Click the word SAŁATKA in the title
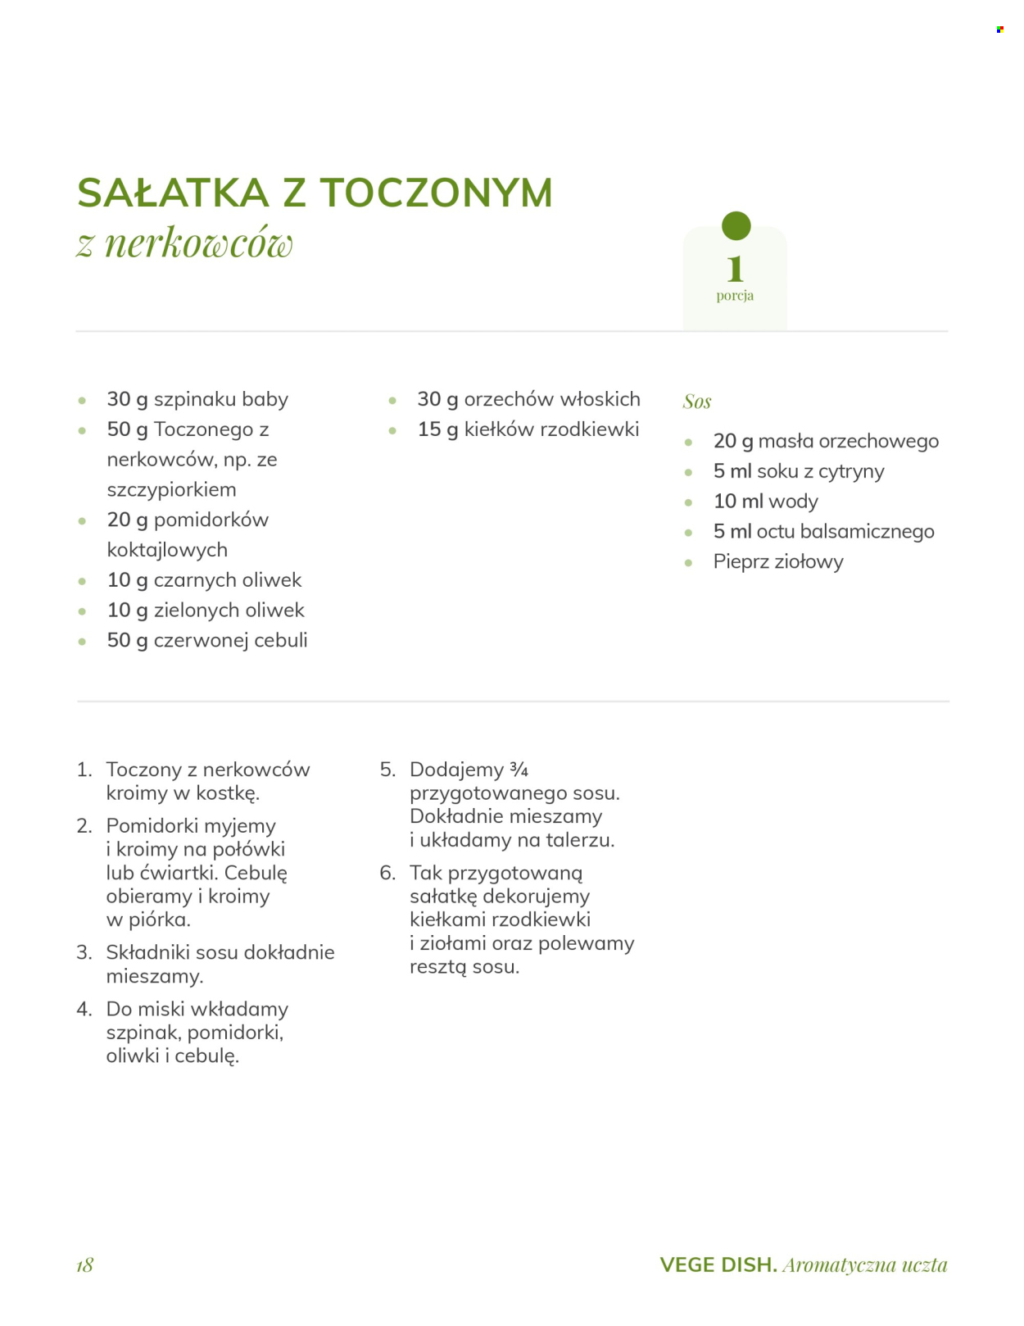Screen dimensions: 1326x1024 pyautogui.click(x=173, y=193)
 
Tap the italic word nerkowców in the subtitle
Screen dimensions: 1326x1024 pyautogui.click(x=198, y=243)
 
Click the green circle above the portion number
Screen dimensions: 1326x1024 pyautogui.click(x=736, y=225)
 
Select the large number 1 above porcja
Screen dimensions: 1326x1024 pyautogui.click(x=735, y=268)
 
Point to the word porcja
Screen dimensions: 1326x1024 pyautogui.click(x=735, y=296)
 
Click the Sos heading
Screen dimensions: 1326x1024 pyautogui.click(x=697, y=402)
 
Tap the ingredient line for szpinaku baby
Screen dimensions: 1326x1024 pyautogui.click(x=197, y=399)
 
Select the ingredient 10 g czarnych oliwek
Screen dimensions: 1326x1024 pyautogui.click(x=204, y=580)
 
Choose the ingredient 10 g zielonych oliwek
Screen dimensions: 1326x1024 pyautogui.click(x=206, y=611)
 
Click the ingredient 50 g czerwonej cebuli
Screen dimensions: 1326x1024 pyautogui.click(x=207, y=641)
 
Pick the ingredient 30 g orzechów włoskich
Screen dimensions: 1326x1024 pyautogui.click(x=528, y=399)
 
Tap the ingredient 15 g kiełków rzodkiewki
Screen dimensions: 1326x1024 pyautogui.click(x=528, y=429)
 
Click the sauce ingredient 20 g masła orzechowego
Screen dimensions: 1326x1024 pyautogui.click(x=826, y=441)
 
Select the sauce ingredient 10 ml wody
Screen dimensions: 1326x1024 pyautogui.click(x=765, y=502)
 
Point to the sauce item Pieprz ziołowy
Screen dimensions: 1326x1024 pyautogui.click(x=778, y=562)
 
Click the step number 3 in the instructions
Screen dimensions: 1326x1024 pyautogui.click(x=84, y=952)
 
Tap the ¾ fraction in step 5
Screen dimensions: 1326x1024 pyautogui.click(x=519, y=770)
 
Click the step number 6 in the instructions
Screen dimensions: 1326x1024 pyautogui.click(x=387, y=873)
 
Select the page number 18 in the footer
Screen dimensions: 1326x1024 pyautogui.click(x=85, y=1265)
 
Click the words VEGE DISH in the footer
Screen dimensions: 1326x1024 pyautogui.click(x=718, y=1265)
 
